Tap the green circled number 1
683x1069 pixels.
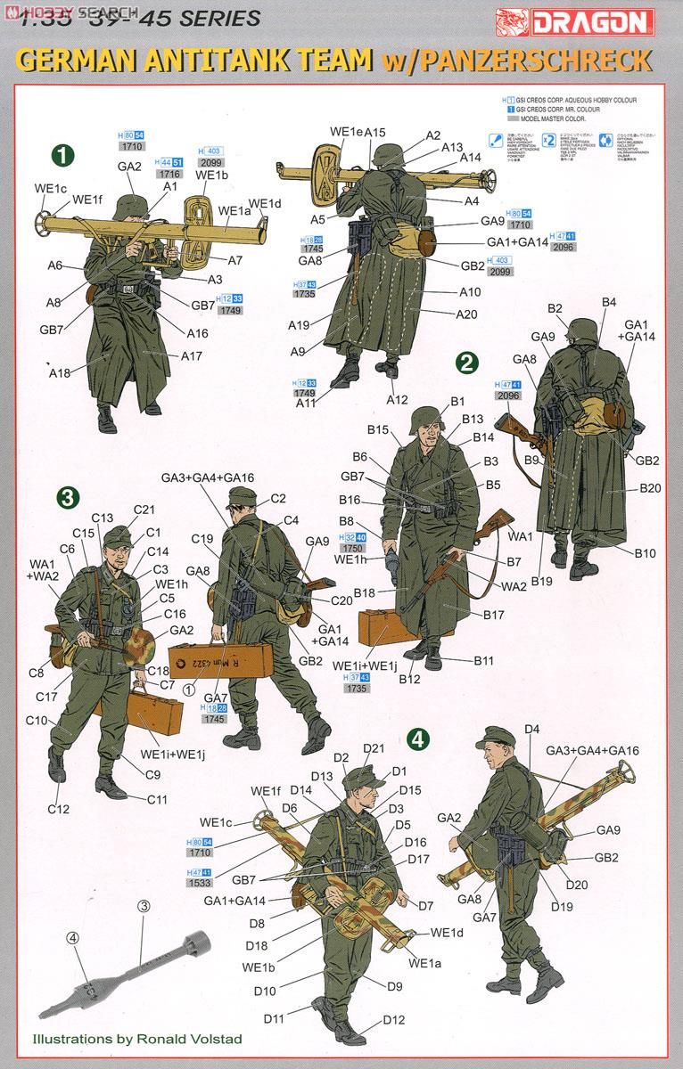pyautogui.click(x=61, y=154)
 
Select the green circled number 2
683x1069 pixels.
pyautogui.click(x=466, y=361)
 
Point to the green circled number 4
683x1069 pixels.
pyautogui.click(x=418, y=739)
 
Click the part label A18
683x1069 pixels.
pyautogui.click(x=59, y=372)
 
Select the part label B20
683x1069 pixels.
pyautogui.click(x=650, y=488)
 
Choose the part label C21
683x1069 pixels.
pyautogui.click(x=144, y=510)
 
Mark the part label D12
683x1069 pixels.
pyautogui.click(x=394, y=1021)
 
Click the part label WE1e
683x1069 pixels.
pyautogui.click(x=345, y=132)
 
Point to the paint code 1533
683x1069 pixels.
pyautogui.click(x=199, y=883)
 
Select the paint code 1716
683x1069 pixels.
pyautogui.click(x=169, y=175)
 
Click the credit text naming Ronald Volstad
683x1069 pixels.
pyautogui.click(x=136, y=1039)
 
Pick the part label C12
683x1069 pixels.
pyautogui.click(x=59, y=809)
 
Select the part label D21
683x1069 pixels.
pyautogui.click(x=373, y=747)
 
